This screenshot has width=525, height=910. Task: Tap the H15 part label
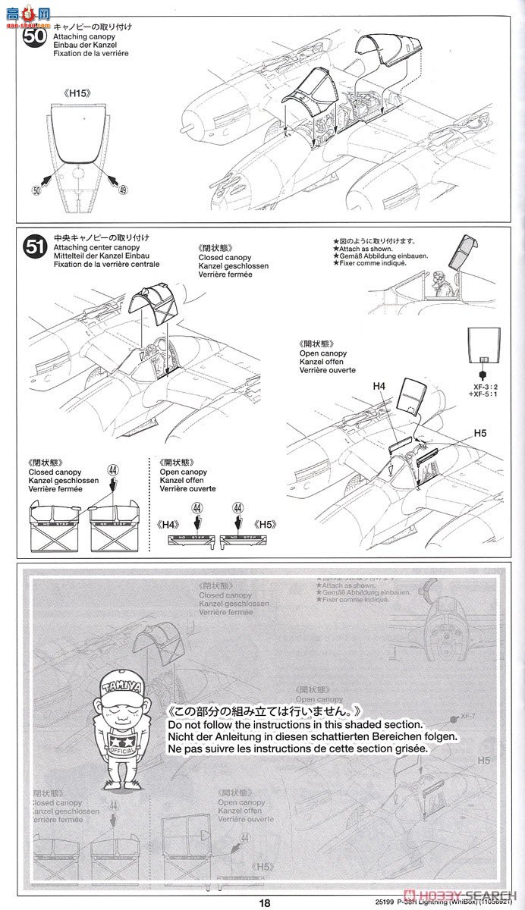click(77, 94)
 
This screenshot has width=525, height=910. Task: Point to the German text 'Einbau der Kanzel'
click(84, 45)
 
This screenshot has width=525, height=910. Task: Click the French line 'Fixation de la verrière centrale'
click(105, 264)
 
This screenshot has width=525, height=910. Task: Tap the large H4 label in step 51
click(379, 386)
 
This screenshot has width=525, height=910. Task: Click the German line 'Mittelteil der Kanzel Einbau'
click(98, 256)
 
